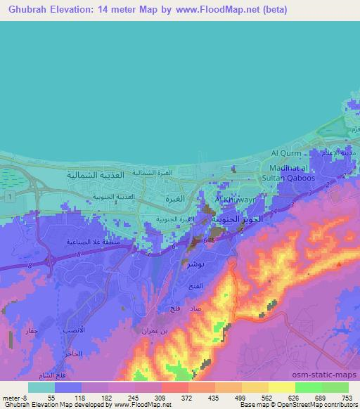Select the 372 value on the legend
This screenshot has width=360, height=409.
[187, 398]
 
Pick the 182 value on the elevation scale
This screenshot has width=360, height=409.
[107, 398]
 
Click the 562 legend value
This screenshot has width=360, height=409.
[268, 398]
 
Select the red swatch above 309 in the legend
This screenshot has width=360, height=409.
[174, 387]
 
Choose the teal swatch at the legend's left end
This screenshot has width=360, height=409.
[40, 387]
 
